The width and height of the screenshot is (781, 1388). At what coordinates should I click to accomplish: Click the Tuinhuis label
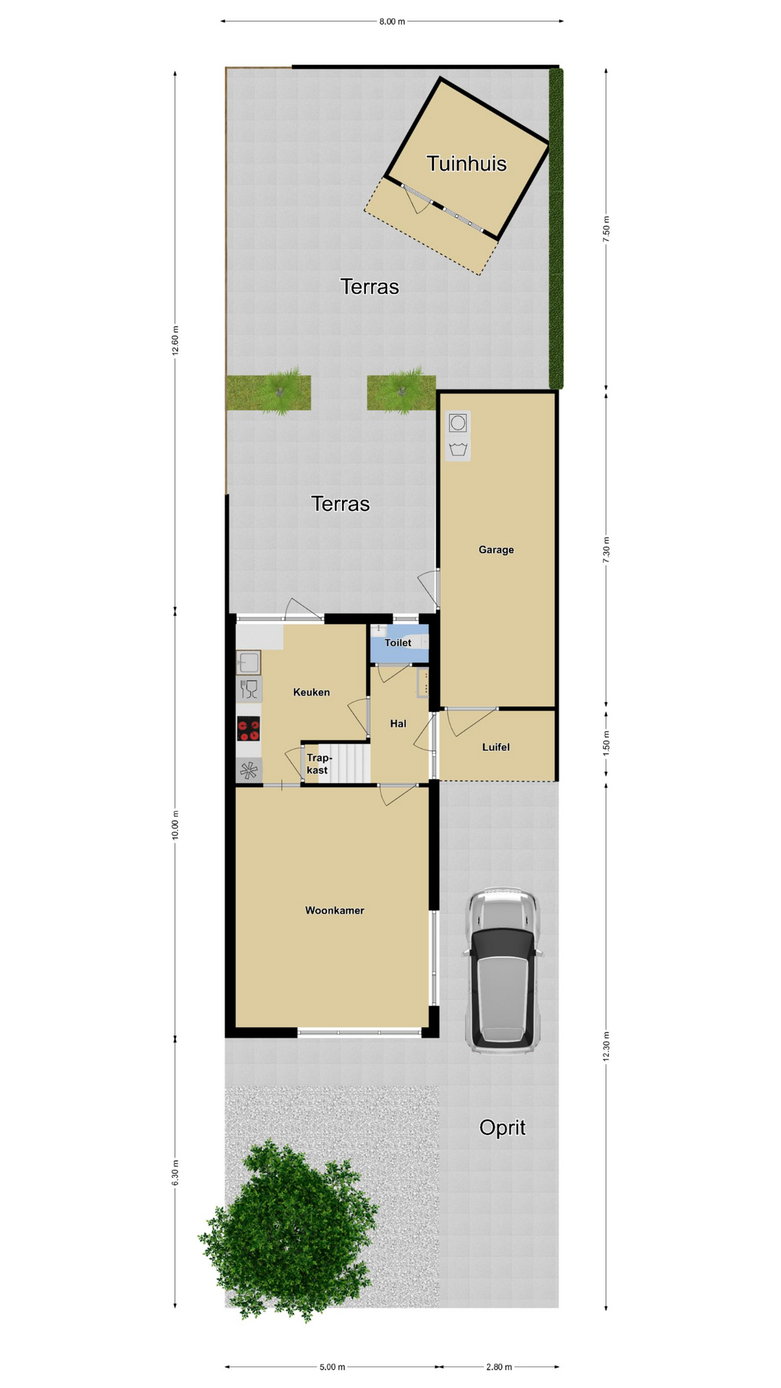point(466,163)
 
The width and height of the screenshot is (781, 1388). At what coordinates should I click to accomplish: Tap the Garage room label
point(496,549)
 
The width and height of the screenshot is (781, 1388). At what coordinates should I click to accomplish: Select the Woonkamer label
point(334,910)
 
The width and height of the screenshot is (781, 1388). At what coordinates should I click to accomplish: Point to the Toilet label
point(398,643)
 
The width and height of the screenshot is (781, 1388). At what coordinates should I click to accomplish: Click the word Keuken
point(312,692)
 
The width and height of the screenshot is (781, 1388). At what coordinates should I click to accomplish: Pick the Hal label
point(398,723)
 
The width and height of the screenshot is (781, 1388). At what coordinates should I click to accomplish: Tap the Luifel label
point(496,747)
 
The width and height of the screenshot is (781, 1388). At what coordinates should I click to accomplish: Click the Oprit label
point(503,1127)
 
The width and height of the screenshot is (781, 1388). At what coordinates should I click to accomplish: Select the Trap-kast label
point(318,764)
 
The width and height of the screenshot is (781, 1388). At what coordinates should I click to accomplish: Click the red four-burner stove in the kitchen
point(249,729)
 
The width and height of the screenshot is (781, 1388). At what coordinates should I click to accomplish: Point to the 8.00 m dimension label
point(392,22)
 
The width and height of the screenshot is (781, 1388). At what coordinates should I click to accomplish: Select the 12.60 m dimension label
point(175,340)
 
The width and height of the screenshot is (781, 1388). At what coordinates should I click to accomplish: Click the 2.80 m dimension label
point(499,1366)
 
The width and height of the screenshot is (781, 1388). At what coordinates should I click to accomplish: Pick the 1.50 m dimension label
point(606,743)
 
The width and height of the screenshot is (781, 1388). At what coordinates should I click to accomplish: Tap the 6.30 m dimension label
point(175,1172)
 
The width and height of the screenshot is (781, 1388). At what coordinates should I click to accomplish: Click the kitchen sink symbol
point(248,662)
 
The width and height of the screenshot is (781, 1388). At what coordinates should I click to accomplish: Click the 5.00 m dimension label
point(332,1366)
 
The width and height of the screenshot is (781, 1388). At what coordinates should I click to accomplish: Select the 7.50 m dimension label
point(606,228)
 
